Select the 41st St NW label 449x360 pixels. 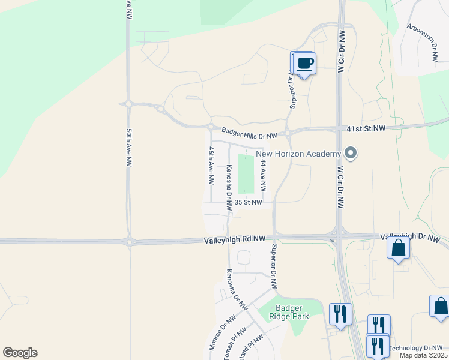(x=366, y=129)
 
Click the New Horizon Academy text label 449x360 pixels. (x=298, y=154)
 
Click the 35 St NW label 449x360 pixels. (x=249, y=203)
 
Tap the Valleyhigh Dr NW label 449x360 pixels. (x=411, y=238)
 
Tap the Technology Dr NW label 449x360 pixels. (x=416, y=348)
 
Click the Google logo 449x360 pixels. (x=20, y=353)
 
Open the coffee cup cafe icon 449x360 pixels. (x=304, y=63)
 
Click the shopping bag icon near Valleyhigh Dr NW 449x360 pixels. (x=398, y=247)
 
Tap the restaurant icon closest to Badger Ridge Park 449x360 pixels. (x=340, y=313)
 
